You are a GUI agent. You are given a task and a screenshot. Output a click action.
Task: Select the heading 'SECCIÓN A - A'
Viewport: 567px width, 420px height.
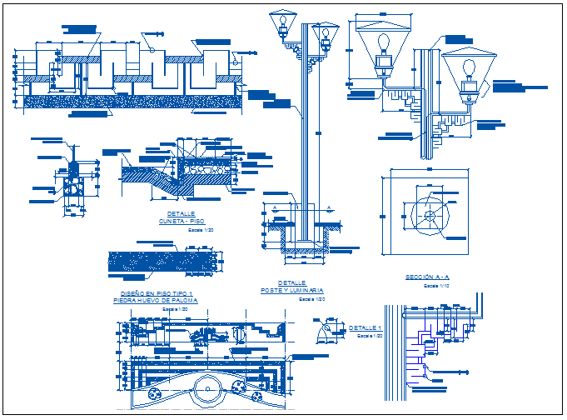tap(427, 277)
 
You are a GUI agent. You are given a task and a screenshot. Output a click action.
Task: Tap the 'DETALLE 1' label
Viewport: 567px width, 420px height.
tap(366, 327)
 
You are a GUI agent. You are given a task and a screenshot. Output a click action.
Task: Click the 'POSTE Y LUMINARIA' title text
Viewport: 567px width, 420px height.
tap(291, 291)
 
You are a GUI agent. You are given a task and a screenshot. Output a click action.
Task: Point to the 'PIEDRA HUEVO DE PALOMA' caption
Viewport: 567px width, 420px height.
tap(156, 300)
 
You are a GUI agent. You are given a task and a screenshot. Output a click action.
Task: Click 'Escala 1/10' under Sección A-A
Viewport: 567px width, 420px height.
tap(435, 285)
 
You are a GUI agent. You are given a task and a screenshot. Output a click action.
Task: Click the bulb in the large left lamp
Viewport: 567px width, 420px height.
tap(385, 42)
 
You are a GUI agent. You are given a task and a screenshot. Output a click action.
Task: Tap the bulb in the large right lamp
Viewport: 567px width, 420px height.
tap(469, 68)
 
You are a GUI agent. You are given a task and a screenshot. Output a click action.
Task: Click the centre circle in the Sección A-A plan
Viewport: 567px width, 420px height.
tap(430, 216)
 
